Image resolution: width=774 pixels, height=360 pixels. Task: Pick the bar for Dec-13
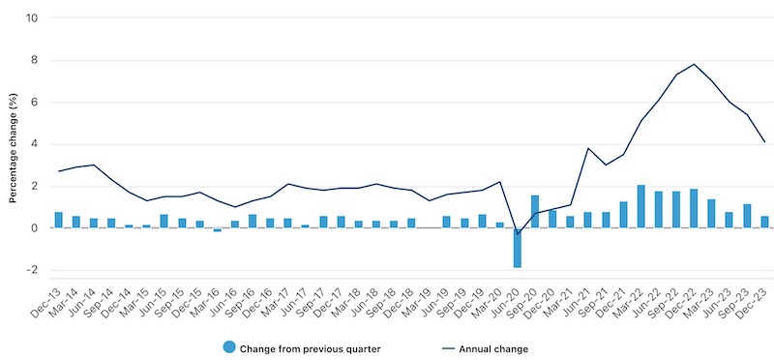click(x=58, y=220)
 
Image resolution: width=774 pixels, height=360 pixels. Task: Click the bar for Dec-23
click(x=764, y=222)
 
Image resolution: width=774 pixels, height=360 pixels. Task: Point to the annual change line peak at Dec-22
click(x=694, y=65)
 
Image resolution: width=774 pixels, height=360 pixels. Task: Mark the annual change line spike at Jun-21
click(x=587, y=148)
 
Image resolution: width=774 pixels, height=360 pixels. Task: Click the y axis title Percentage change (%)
click(x=13, y=145)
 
